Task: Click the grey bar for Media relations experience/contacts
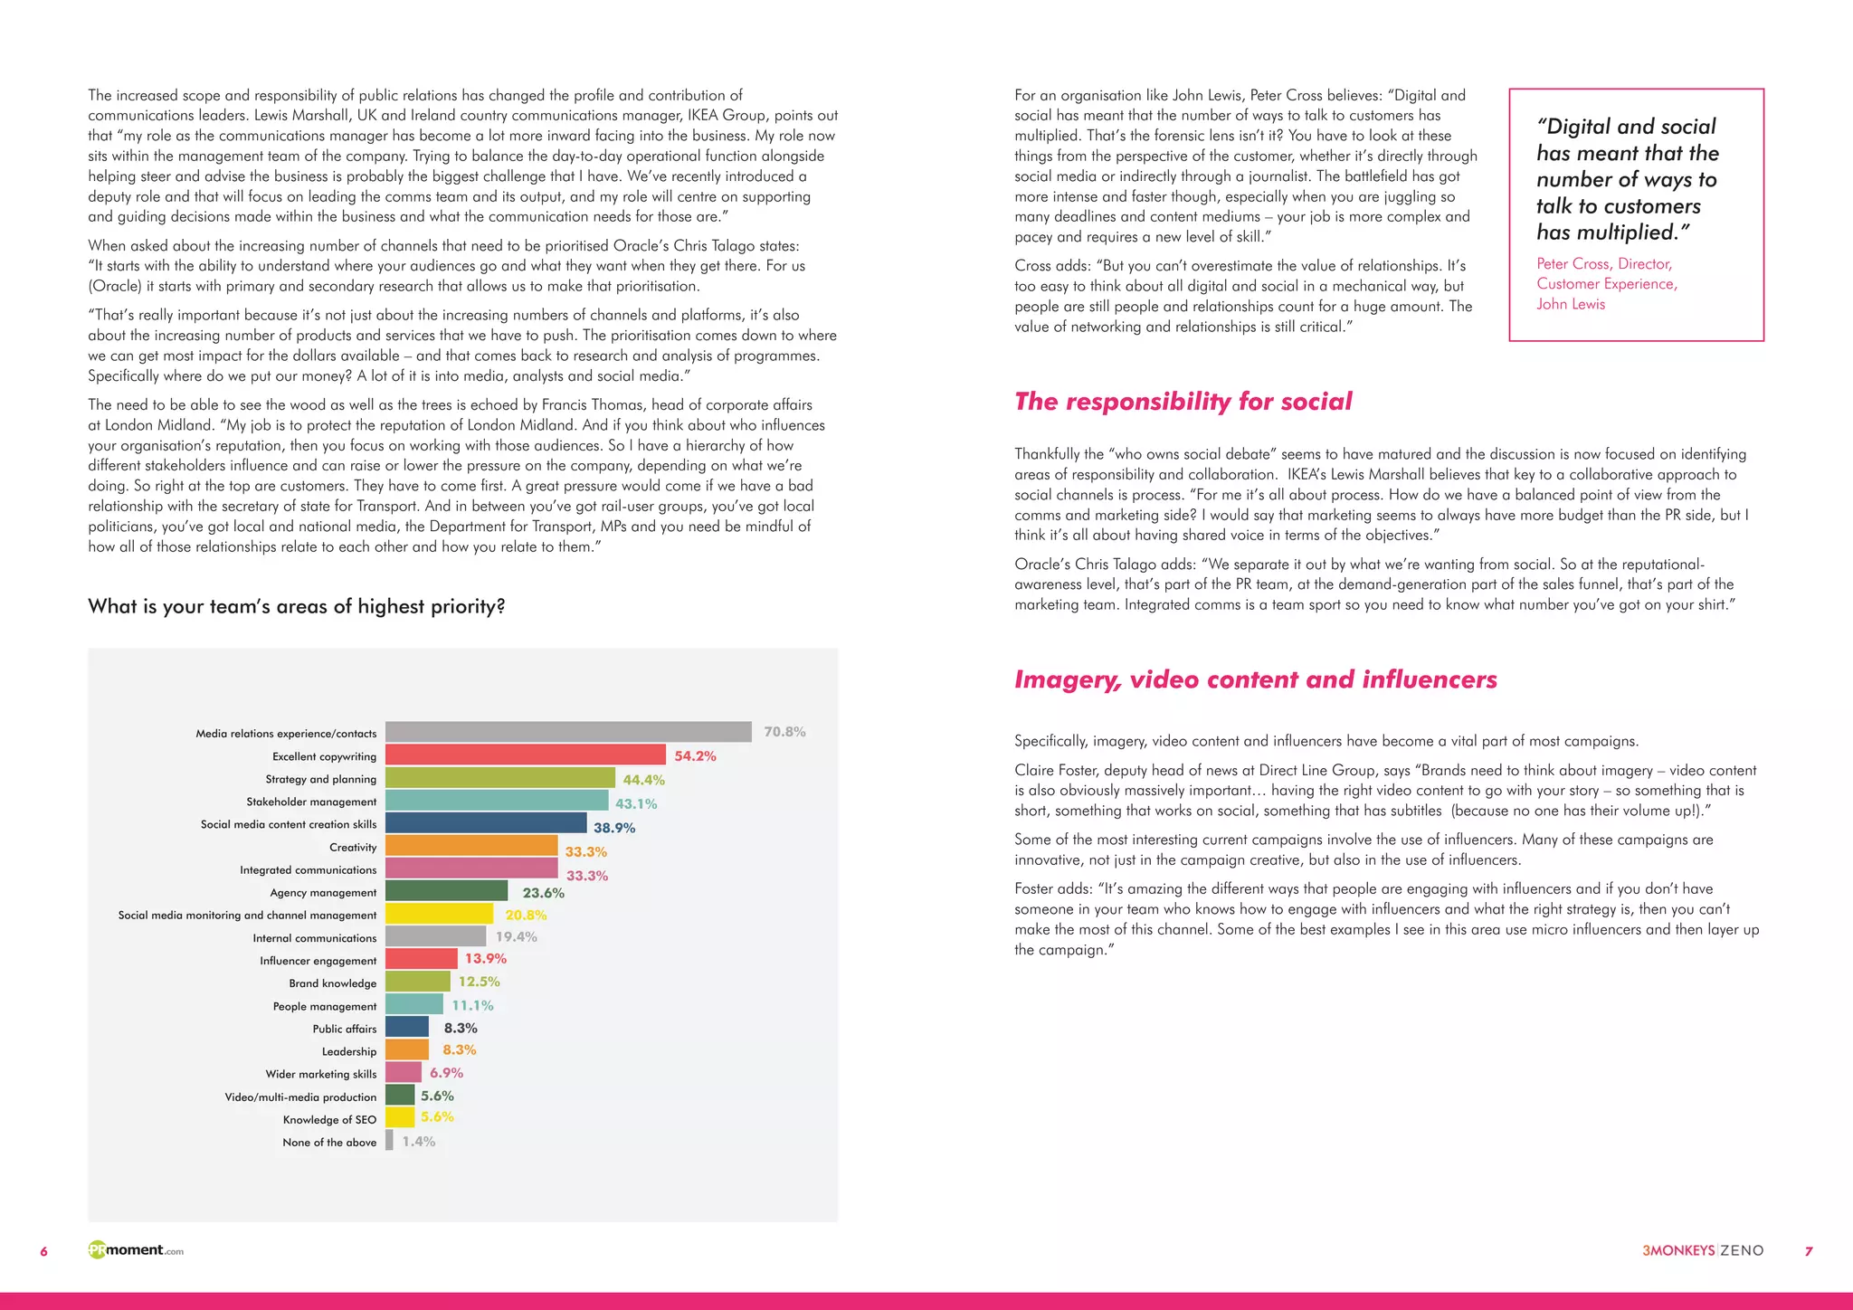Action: coord(568,732)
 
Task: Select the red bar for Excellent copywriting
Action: coord(525,755)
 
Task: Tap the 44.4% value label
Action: coord(643,780)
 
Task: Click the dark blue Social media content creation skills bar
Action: coord(486,823)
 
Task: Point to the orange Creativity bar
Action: coord(471,846)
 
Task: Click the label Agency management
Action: coord(323,893)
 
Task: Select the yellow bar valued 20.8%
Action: coord(439,914)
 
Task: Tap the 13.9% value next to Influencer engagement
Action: coord(486,959)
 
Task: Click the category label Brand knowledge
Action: coord(332,983)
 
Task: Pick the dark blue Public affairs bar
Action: coord(406,1027)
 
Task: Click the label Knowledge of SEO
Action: coord(329,1120)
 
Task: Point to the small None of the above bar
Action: coord(389,1141)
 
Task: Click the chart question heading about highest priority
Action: coord(296,606)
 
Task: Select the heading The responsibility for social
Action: coord(1183,402)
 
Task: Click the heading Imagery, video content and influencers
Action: coord(1255,679)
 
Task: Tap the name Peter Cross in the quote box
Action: coord(1573,264)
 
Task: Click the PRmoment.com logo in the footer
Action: coord(136,1250)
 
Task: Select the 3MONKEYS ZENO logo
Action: coord(1702,1250)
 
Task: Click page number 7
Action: coord(1808,1251)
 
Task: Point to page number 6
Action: coord(43,1251)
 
